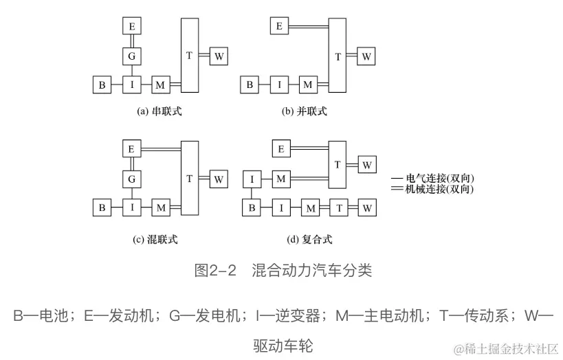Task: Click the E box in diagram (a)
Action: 131,27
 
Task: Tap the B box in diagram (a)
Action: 102,85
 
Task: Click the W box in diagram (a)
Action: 219,56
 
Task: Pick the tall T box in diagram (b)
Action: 337,56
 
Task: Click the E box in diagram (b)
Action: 278,27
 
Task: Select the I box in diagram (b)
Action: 278,85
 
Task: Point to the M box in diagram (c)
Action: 161,207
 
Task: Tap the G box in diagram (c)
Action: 131,179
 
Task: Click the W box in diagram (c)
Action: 219,179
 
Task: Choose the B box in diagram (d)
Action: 252,207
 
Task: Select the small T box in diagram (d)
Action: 338,207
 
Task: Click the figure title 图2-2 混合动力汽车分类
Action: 282,270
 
